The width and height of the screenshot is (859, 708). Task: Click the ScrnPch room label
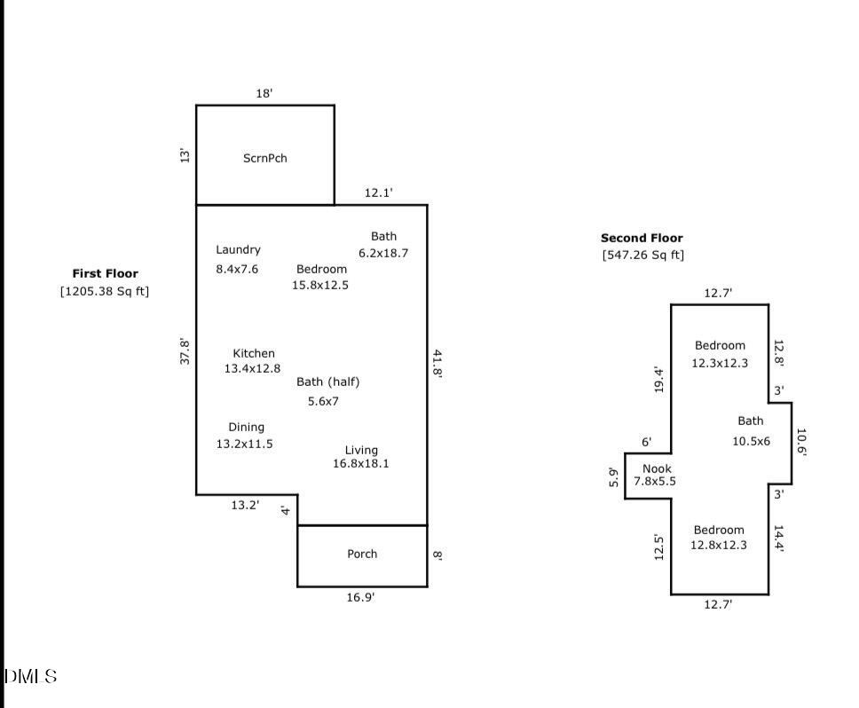click(264, 159)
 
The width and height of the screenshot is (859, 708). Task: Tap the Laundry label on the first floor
click(238, 250)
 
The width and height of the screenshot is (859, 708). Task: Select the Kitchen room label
click(254, 353)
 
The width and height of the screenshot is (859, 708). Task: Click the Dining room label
click(246, 427)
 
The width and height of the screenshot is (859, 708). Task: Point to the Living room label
click(361, 450)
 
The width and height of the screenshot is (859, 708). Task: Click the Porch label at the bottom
click(361, 554)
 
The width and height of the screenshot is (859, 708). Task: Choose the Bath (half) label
click(327, 382)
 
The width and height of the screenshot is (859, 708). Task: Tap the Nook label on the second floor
click(657, 468)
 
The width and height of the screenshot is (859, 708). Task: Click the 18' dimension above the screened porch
click(264, 93)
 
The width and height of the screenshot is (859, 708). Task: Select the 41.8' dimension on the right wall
click(437, 363)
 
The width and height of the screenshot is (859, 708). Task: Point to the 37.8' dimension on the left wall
click(185, 350)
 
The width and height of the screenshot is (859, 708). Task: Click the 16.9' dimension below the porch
click(360, 598)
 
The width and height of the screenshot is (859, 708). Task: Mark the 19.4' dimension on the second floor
click(659, 380)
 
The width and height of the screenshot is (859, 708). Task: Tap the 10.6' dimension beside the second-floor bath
click(800, 441)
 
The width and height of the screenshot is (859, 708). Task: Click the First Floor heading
click(105, 274)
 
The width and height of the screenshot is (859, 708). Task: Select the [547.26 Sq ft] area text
click(642, 256)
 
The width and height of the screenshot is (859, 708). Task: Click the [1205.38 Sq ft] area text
click(105, 291)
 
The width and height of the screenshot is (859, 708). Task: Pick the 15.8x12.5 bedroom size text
click(320, 285)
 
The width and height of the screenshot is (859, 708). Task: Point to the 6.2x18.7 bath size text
click(383, 253)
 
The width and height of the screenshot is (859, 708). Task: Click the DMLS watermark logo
click(30, 677)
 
